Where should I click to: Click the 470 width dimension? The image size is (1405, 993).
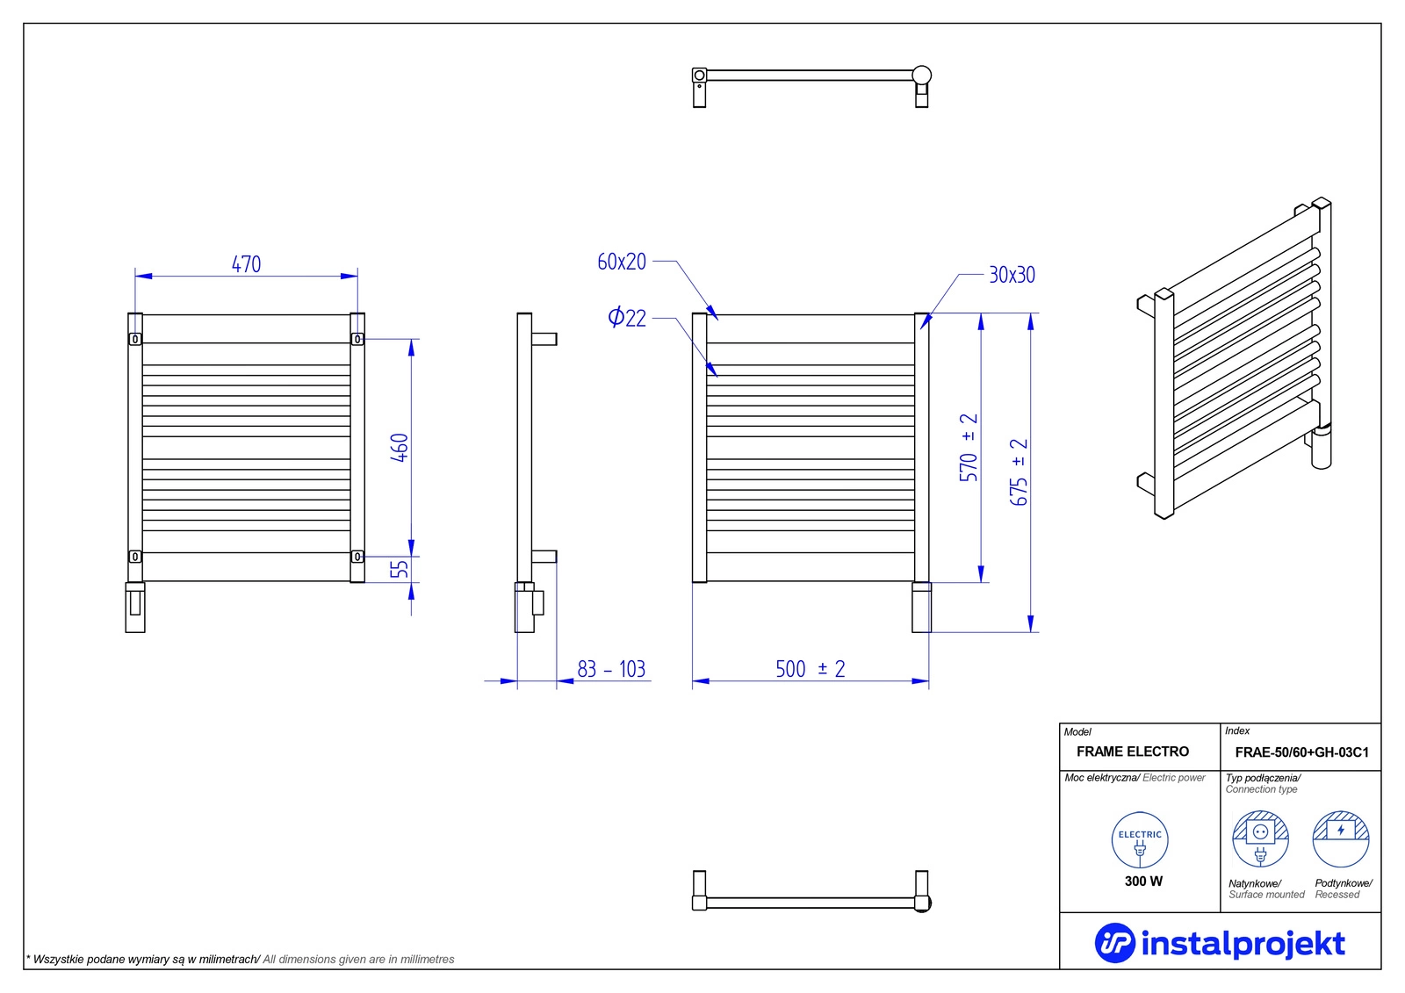[x=246, y=264]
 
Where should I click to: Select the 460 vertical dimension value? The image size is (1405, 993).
[x=400, y=447]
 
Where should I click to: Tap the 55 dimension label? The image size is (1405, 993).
[x=400, y=569]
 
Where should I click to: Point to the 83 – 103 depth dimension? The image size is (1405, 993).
[x=611, y=670]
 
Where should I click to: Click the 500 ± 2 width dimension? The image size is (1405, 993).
[x=810, y=670]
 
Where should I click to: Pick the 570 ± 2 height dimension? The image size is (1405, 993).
[x=969, y=447]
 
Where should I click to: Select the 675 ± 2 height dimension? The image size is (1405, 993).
[x=1019, y=471]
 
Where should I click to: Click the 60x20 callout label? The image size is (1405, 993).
[x=622, y=262]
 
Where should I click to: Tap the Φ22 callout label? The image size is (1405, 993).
[x=627, y=318]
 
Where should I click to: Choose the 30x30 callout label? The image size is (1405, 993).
[x=1012, y=276]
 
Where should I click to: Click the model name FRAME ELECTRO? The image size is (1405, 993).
[x=1132, y=752]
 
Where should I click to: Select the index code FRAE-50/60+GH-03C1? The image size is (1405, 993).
[x=1301, y=752]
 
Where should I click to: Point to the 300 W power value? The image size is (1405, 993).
[x=1143, y=881]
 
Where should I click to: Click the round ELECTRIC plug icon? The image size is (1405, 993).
[x=1140, y=840]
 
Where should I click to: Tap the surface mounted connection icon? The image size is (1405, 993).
[x=1260, y=838]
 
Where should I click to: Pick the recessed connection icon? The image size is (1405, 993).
[x=1341, y=838]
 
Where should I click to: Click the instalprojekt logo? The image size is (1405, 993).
[x=1220, y=943]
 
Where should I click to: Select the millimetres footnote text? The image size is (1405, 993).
[x=241, y=960]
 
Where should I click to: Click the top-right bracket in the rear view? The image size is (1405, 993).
[x=357, y=339]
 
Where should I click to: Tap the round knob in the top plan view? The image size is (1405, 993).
[x=921, y=76]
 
